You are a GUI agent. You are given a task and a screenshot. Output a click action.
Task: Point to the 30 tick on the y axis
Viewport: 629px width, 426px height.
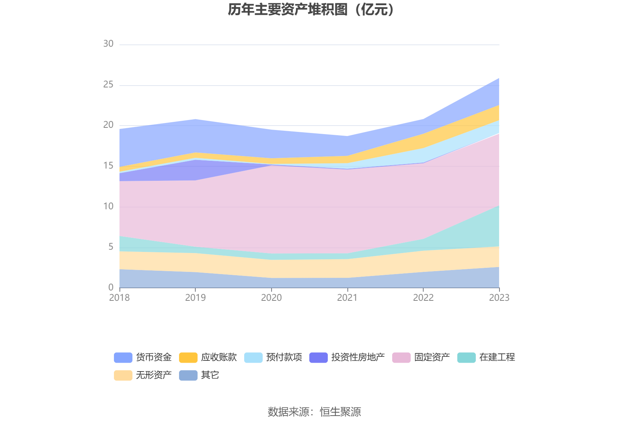pos(108,44)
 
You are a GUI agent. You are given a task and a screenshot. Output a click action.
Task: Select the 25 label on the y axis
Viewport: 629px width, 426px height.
pos(108,85)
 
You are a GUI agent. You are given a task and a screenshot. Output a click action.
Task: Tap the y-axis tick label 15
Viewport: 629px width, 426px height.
pos(108,166)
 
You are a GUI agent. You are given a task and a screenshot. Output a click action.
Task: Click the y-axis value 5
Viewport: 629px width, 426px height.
pos(111,247)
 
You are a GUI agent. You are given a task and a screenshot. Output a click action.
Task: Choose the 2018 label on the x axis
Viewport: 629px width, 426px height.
pos(119,298)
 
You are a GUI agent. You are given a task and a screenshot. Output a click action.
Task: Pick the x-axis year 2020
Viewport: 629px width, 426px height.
pos(271,298)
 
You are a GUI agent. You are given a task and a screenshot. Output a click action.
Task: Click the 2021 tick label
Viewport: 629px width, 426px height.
pos(347,298)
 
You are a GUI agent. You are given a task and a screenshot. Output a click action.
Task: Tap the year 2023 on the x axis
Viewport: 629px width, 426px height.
pos(499,298)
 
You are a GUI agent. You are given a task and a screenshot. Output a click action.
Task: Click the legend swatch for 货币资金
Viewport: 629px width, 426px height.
pos(123,357)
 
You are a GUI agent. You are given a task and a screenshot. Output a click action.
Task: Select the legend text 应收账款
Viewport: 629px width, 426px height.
pos(219,357)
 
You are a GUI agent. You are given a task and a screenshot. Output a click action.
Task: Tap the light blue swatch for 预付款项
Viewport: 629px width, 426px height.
pos(253,357)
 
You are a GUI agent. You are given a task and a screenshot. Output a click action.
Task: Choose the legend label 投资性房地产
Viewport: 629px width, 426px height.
pos(358,357)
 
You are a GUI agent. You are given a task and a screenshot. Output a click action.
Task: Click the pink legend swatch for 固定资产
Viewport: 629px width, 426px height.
pos(401,357)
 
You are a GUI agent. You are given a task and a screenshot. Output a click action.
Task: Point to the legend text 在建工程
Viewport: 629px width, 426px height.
pos(497,357)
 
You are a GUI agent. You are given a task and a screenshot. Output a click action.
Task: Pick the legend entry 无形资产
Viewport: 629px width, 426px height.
pos(154,375)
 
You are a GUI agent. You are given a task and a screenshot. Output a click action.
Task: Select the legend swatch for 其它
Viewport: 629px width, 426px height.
pos(188,375)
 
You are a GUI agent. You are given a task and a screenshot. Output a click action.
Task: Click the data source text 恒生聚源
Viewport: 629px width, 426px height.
pos(340,412)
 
